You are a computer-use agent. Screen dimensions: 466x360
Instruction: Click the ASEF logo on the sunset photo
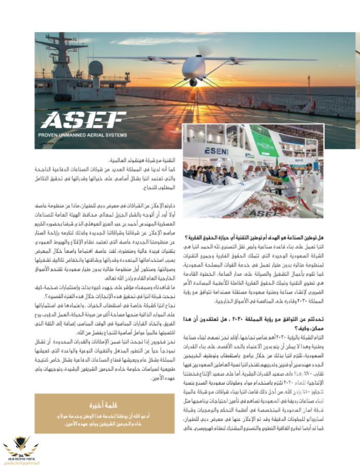point(83,121)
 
